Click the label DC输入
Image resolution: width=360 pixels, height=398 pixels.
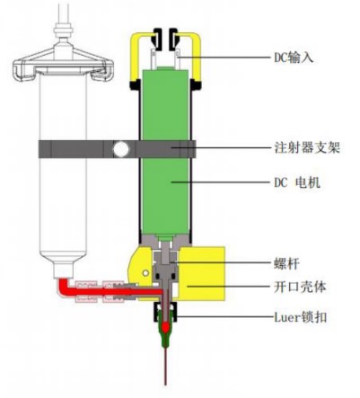(x=294, y=57)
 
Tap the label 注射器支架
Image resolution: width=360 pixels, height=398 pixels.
(x=307, y=147)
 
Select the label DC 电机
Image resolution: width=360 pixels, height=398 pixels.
(x=297, y=182)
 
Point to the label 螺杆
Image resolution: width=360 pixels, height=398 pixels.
(x=286, y=263)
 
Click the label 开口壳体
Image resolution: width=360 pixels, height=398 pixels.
(x=300, y=287)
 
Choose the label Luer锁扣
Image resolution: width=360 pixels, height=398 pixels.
(x=300, y=317)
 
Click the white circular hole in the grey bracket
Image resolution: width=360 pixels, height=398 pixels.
(x=121, y=149)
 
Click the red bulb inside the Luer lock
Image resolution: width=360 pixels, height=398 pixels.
(x=165, y=327)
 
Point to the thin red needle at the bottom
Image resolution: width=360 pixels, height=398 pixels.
(x=165, y=366)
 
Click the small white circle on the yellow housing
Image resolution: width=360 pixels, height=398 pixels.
(x=145, y=273)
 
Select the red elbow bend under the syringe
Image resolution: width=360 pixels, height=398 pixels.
(x=64, y=286)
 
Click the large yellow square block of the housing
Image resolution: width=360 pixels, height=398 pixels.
(x=202, y=273)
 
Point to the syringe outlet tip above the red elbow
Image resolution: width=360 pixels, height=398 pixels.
(x=63, y=270)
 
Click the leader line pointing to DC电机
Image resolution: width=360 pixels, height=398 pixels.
(x=220, y=181)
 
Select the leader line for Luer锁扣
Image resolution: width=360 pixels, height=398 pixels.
(x=222, y=316)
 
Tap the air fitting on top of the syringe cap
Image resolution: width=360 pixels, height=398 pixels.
(x=64, y=30)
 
